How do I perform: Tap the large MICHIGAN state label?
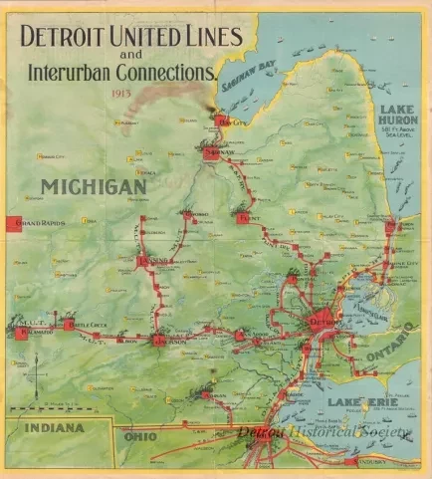click(94, 186)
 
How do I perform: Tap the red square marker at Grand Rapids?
click(13, 224)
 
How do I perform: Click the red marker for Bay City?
click(221, 123)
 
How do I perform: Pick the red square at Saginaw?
click(210, 154)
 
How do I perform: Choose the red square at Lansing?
click(144, 262)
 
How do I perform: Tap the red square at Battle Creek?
click(69, 325)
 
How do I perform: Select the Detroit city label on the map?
click(325, 325)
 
